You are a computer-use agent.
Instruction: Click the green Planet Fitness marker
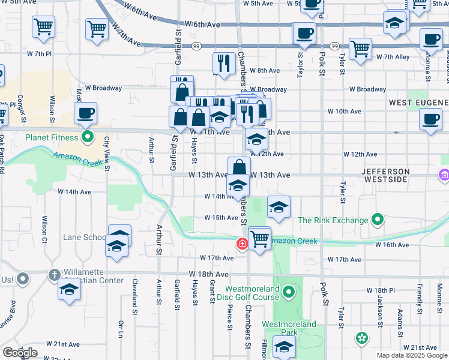click(x=88, y=138)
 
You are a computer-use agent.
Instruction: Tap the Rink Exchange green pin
click(x=377, y=220)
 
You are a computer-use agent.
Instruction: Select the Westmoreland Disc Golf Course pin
click(x=289, y=293)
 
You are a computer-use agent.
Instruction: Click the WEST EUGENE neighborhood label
click(x=418, y=103)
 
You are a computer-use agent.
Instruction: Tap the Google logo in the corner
click(x=20, y=353)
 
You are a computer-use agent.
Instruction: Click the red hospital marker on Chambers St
click(x=241, y=244)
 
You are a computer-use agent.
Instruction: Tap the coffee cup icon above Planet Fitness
click(x=86, y=113)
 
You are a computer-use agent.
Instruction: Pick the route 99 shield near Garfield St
click(x=196, y=46)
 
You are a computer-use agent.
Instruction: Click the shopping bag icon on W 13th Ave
click(x=239, y=167)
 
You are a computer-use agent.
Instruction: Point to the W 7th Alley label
click(x=393, y=57)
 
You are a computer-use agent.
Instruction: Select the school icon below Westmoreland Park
click(x=284, y=347)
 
